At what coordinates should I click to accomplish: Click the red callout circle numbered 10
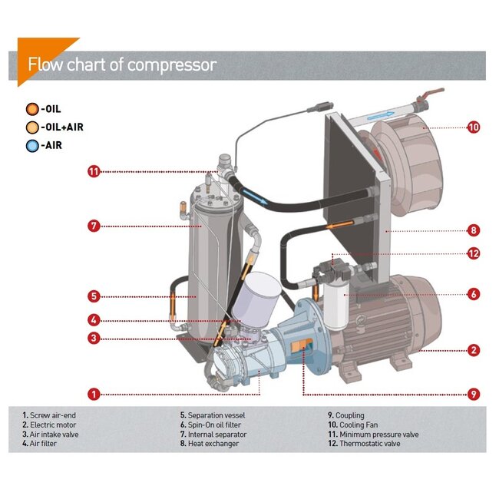pyautogui.click(x=474, y=127)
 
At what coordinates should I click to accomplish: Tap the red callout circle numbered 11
pyautogui.click(x=94, y=171)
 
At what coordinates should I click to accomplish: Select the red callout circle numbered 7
pyautogui.click(x=94, y=226)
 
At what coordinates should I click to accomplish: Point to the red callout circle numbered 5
pyautogui.click(x=94, y=295)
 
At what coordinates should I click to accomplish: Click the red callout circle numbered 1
pyautogui.click(x=94, y=395)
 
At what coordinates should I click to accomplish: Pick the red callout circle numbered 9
pyautogui.click(x=474, y=395)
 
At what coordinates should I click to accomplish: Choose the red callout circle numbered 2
pyautogui.click(x=474, y=350)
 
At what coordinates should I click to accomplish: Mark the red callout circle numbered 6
pyautogui.click(x=474, y=293)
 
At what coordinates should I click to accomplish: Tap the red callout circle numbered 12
pyautogui.click(x=474, y=253)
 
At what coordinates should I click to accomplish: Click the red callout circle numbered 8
pyautogui.click(x=474, y=229)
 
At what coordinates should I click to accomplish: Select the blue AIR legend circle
pyautogui.click(x=31, y=146)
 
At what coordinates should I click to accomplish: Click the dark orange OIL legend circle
pyautogui.click(x=31, y=109)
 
